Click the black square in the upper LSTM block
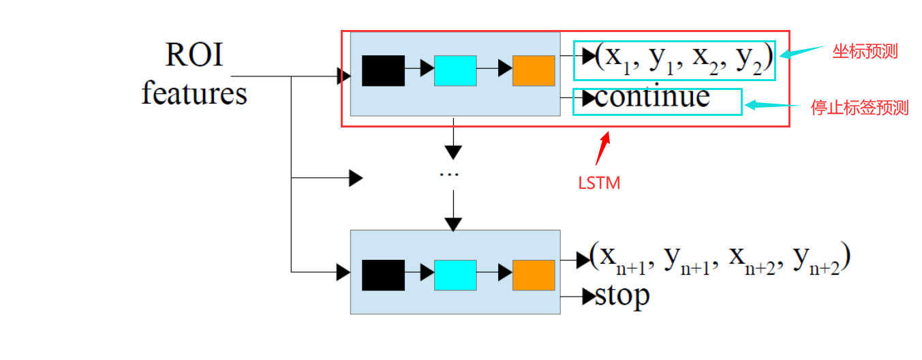[383, 70]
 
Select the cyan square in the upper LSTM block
[455, 70]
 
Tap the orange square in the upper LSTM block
[534, 70]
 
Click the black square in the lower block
[383, 275]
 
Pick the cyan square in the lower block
[455, 275]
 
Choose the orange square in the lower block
[534, 275]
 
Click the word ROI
[194, 55]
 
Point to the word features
[194, 93]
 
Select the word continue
[652, 97]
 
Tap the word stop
[622, 296]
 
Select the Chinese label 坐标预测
[865, 52]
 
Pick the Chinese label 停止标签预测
[859, 108]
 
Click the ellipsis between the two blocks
[450, 174]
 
